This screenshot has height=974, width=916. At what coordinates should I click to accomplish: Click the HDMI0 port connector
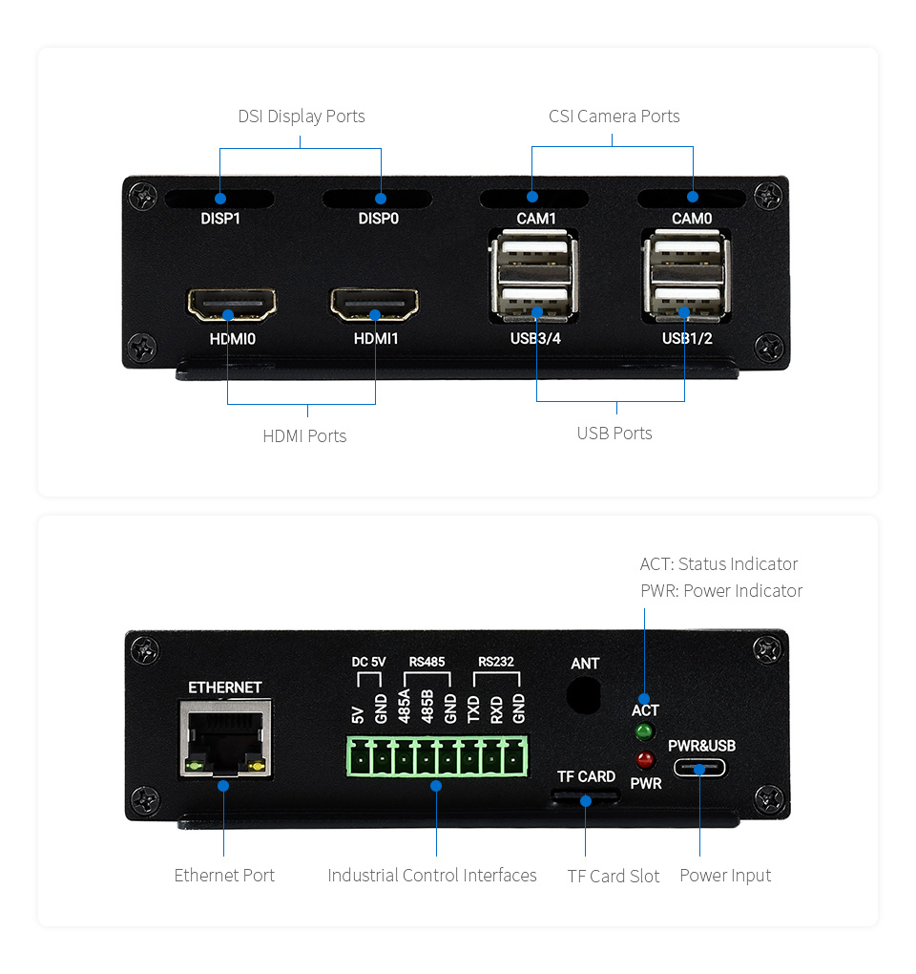coord(232,305)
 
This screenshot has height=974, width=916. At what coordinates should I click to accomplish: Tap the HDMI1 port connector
coord(374,305)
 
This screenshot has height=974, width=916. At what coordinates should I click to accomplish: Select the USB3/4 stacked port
coord(534,275)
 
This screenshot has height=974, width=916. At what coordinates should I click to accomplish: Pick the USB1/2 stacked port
coord(686,275)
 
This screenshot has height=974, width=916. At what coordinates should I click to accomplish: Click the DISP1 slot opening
coord(219,199)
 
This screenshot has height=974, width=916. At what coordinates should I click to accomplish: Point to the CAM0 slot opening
coord(692,199)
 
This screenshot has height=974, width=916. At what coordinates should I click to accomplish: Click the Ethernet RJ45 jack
coord(225,738)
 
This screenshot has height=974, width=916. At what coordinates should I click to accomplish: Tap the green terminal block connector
coord(437,756)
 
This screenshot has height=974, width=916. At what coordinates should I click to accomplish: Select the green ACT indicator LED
coord(644,731)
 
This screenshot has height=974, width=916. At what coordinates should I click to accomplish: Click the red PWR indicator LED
coord(645,760)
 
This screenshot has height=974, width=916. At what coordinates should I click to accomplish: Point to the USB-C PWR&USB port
coord(699,769)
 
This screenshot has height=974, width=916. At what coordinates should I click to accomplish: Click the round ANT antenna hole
coord(584,695)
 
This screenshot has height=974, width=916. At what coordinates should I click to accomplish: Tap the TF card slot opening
coord(585,795)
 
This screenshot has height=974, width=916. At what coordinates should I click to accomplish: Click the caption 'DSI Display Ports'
coord(302,116)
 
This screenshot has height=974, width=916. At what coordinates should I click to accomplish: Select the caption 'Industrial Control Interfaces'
coord(432,876)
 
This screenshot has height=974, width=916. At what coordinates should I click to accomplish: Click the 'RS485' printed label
coord(427,662)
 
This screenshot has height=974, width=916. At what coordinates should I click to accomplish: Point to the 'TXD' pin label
coord(473,709)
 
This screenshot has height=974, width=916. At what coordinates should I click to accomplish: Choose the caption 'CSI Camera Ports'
coord(614,116)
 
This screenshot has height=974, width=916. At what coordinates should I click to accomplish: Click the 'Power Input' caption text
coord(725,876)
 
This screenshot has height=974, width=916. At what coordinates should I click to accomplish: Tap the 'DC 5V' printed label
coord(368,662)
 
